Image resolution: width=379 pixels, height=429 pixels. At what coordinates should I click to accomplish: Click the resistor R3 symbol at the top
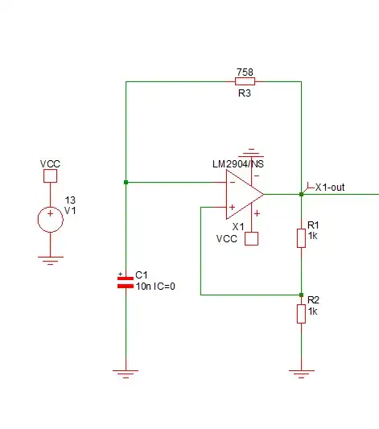(x=245, y=80)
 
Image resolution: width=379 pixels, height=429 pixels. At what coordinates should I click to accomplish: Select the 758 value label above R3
(x=245, y=72)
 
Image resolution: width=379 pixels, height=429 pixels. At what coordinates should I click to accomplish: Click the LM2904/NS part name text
(x=232, y=164)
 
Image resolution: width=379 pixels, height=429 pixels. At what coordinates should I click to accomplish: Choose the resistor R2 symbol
(x=301, y=312)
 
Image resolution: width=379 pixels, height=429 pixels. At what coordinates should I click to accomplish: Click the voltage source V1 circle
(x=50, y=219)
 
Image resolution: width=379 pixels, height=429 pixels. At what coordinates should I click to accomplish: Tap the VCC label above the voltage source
(x=50, y=164)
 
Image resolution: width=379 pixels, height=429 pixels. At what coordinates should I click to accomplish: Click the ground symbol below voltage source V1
(x=50, y=260)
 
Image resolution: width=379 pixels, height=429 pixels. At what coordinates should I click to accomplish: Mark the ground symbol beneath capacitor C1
(x=126, y=373)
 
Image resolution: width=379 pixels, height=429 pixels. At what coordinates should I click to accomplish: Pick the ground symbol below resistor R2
(x=301, y=373)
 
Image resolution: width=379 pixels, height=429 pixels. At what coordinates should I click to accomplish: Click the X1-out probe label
(x=330, y=188)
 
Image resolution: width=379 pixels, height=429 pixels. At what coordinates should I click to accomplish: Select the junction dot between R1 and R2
(x=301, y=295)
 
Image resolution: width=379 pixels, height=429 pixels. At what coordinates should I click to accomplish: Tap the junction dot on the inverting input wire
(x=126, y=182)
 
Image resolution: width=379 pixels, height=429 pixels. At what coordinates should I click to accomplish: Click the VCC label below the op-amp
(x=227, y=239)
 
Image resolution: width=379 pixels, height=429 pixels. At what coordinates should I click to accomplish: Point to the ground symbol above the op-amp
(x=252, y=151)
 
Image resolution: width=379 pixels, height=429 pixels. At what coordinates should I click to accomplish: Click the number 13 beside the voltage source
(x=70, y=200)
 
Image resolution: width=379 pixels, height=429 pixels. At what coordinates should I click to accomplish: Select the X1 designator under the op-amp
(x=238, y=227)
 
